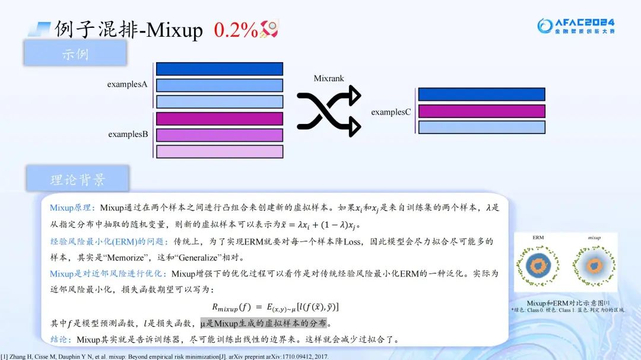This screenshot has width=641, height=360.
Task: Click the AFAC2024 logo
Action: pyautogui.click(x=576, y=25)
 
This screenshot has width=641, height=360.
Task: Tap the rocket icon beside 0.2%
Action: pyautogui.click(x=269, y=29)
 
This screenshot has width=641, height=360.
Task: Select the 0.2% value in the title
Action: pyautogui.click(x=236, y=30)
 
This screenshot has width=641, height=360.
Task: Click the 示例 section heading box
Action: pyautogui.click(x=75, y=54)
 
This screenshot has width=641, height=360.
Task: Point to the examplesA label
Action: pyautogui.click(x=127, y=84)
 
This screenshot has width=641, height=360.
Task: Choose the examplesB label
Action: pyautogui.click(x=128, y=134)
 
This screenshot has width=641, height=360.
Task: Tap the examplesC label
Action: pyautogui.click(x=391, y=111)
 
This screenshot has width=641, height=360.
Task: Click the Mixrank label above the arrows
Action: pyautogui.click(x=329, y=78)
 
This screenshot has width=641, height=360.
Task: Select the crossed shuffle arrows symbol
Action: pyautogui.click(x=329, y=111)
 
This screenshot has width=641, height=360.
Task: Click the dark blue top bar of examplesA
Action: pyautogui.click(x=220, y=69)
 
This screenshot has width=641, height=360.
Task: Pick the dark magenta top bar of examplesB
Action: pyautogui.click(x=220, y=119)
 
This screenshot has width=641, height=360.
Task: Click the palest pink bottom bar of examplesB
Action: pyautogui.click(x=220, y=151)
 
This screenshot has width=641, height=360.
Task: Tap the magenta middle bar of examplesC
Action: pyautogui.click(x=481, y=111)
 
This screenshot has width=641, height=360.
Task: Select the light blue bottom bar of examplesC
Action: pyautogui.click(x=481, y=127)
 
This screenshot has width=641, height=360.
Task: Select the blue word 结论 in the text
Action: pyautogui.click(x=61, y=340)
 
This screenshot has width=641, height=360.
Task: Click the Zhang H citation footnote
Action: pyautogui.click(x=165, y=356)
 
